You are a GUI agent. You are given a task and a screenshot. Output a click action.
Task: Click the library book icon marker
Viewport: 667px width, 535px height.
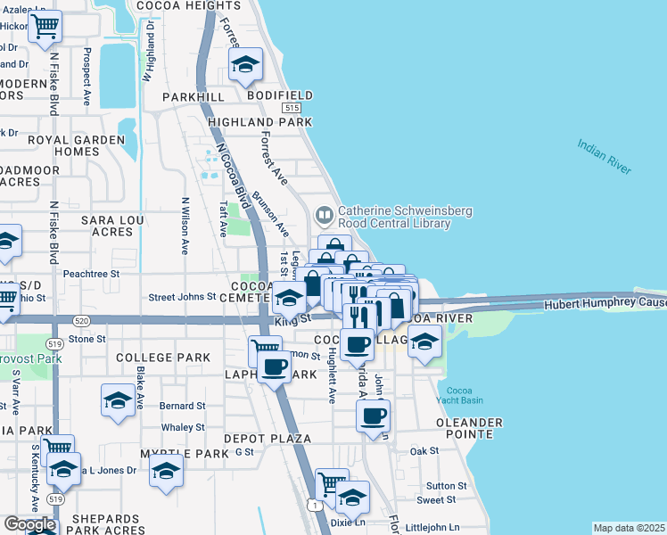324,215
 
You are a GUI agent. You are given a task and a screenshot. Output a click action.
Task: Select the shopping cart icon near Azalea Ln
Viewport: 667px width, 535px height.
45,27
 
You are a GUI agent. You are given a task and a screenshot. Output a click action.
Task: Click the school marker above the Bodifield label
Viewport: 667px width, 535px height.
245,65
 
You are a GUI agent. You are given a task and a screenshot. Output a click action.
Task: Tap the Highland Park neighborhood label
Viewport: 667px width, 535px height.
259,122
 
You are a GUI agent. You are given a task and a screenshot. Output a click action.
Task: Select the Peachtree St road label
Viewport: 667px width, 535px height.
91,274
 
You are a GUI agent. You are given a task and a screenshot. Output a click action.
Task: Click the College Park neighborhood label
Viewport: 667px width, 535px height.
163,358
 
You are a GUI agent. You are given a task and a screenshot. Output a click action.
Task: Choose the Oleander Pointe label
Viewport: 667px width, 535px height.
465,427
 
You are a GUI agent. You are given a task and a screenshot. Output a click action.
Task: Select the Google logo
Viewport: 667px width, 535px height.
29,523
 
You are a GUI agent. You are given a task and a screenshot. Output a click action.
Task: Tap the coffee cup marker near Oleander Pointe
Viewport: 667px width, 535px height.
373,416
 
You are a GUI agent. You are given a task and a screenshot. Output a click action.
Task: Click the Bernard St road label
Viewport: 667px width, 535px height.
182,406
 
